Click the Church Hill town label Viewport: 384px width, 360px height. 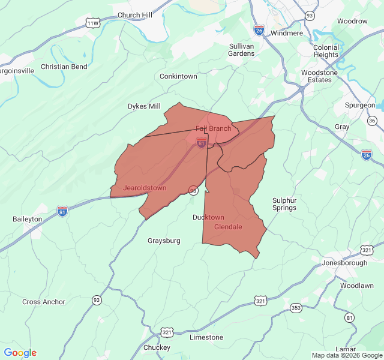coord(135,15)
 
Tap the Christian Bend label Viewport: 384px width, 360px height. coord(64,67)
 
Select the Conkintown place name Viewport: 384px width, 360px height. coord(178,76)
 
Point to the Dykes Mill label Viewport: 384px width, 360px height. coord(144,106)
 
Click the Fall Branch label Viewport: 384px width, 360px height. coord(213,128)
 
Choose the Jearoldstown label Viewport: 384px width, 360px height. coord(145,188)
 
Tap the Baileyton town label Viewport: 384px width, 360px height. coord(28,219)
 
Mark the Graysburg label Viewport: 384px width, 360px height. coord(164,241)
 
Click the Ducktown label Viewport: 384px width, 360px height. coord(208,217)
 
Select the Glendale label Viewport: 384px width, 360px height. coord(228,227)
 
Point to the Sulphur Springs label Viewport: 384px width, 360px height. coord(284,204)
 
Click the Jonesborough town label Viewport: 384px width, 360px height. coord(344,263)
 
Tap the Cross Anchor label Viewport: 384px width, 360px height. coord(44,302)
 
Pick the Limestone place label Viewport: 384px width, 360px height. coord(206,337)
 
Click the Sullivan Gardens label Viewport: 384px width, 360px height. coord(242,49)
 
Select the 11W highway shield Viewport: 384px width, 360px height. coord(92,23)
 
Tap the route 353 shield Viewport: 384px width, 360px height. coord(296,308)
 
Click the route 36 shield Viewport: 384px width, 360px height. coord(372,121)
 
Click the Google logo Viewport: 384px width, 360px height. coord(20,353)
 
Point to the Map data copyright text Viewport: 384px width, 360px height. coord(347,355)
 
